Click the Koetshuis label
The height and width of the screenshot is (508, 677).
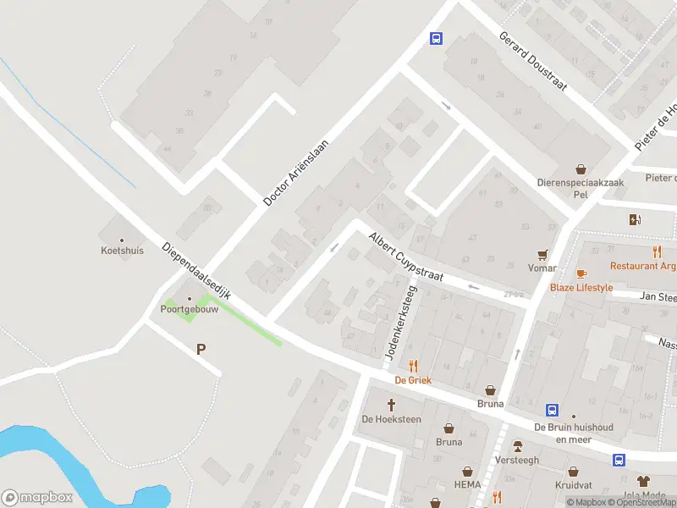pos(122,251)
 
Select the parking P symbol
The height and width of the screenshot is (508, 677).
pos(201,349)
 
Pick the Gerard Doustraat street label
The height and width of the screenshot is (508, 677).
pos(532,62)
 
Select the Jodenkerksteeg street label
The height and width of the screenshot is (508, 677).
pos(400,323)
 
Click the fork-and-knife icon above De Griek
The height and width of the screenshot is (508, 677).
pos(414,366)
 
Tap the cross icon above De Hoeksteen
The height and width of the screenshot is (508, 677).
pos(392,405)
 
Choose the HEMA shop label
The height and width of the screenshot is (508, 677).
pos(466,484)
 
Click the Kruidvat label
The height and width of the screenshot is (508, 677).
pos(572,485)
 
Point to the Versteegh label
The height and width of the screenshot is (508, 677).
pos(517,461)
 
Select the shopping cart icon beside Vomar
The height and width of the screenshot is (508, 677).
pos(542,255)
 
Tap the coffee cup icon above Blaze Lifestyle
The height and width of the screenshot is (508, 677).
pos(581,273)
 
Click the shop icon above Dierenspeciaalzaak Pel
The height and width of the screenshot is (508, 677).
pos(581,170)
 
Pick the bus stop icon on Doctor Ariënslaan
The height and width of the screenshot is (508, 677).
pos(436,38)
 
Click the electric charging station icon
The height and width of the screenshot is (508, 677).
pos(635,220)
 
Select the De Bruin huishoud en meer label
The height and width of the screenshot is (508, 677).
pos(573,433)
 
